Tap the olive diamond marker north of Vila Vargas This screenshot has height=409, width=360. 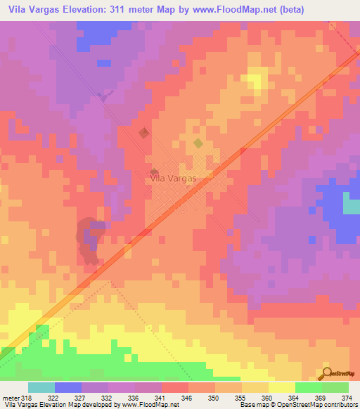pyautogui.click(x=198, y=143)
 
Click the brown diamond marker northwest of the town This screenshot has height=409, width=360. pyautogui.click(x=143, y=133)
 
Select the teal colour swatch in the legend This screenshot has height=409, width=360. pyautogui.click(x=41, y=387)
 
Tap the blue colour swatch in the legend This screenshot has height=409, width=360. pyautogui.click(x=67, y=387)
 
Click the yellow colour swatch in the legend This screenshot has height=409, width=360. pyautogui.click(x=281, y=387)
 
